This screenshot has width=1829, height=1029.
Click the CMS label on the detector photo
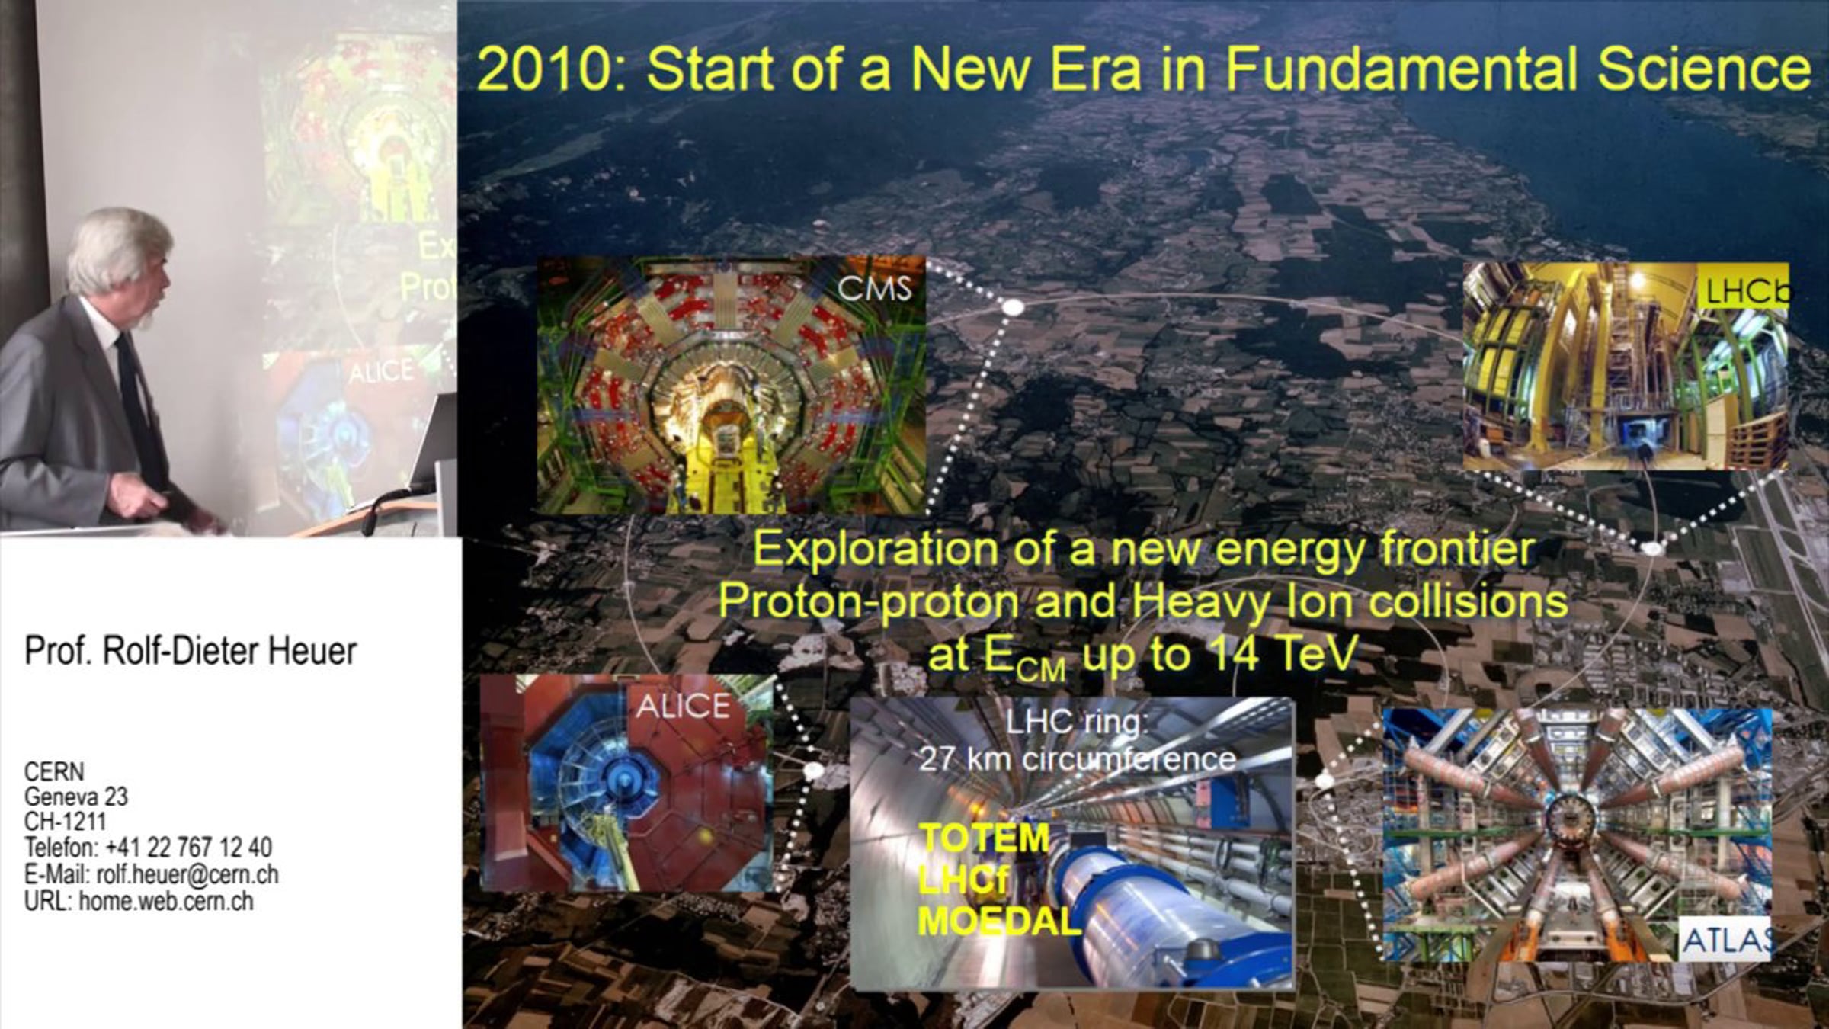[874, 289]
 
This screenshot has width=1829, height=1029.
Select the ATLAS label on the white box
[1725, 941]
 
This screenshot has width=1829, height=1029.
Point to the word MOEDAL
[1000, 922]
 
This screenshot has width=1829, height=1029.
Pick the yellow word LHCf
[963, 880]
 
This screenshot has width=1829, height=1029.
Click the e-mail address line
[151, 874]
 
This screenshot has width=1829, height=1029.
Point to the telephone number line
[148, 847]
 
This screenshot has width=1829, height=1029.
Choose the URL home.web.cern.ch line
[139, 901]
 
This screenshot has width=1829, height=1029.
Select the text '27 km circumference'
[1078, 759]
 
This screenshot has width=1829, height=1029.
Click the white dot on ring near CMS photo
[1013, 307]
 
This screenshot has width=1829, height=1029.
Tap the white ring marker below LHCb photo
[1651, 547]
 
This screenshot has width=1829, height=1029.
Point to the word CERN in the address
[54, 771]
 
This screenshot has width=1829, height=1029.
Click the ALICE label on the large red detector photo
[683, 707]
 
